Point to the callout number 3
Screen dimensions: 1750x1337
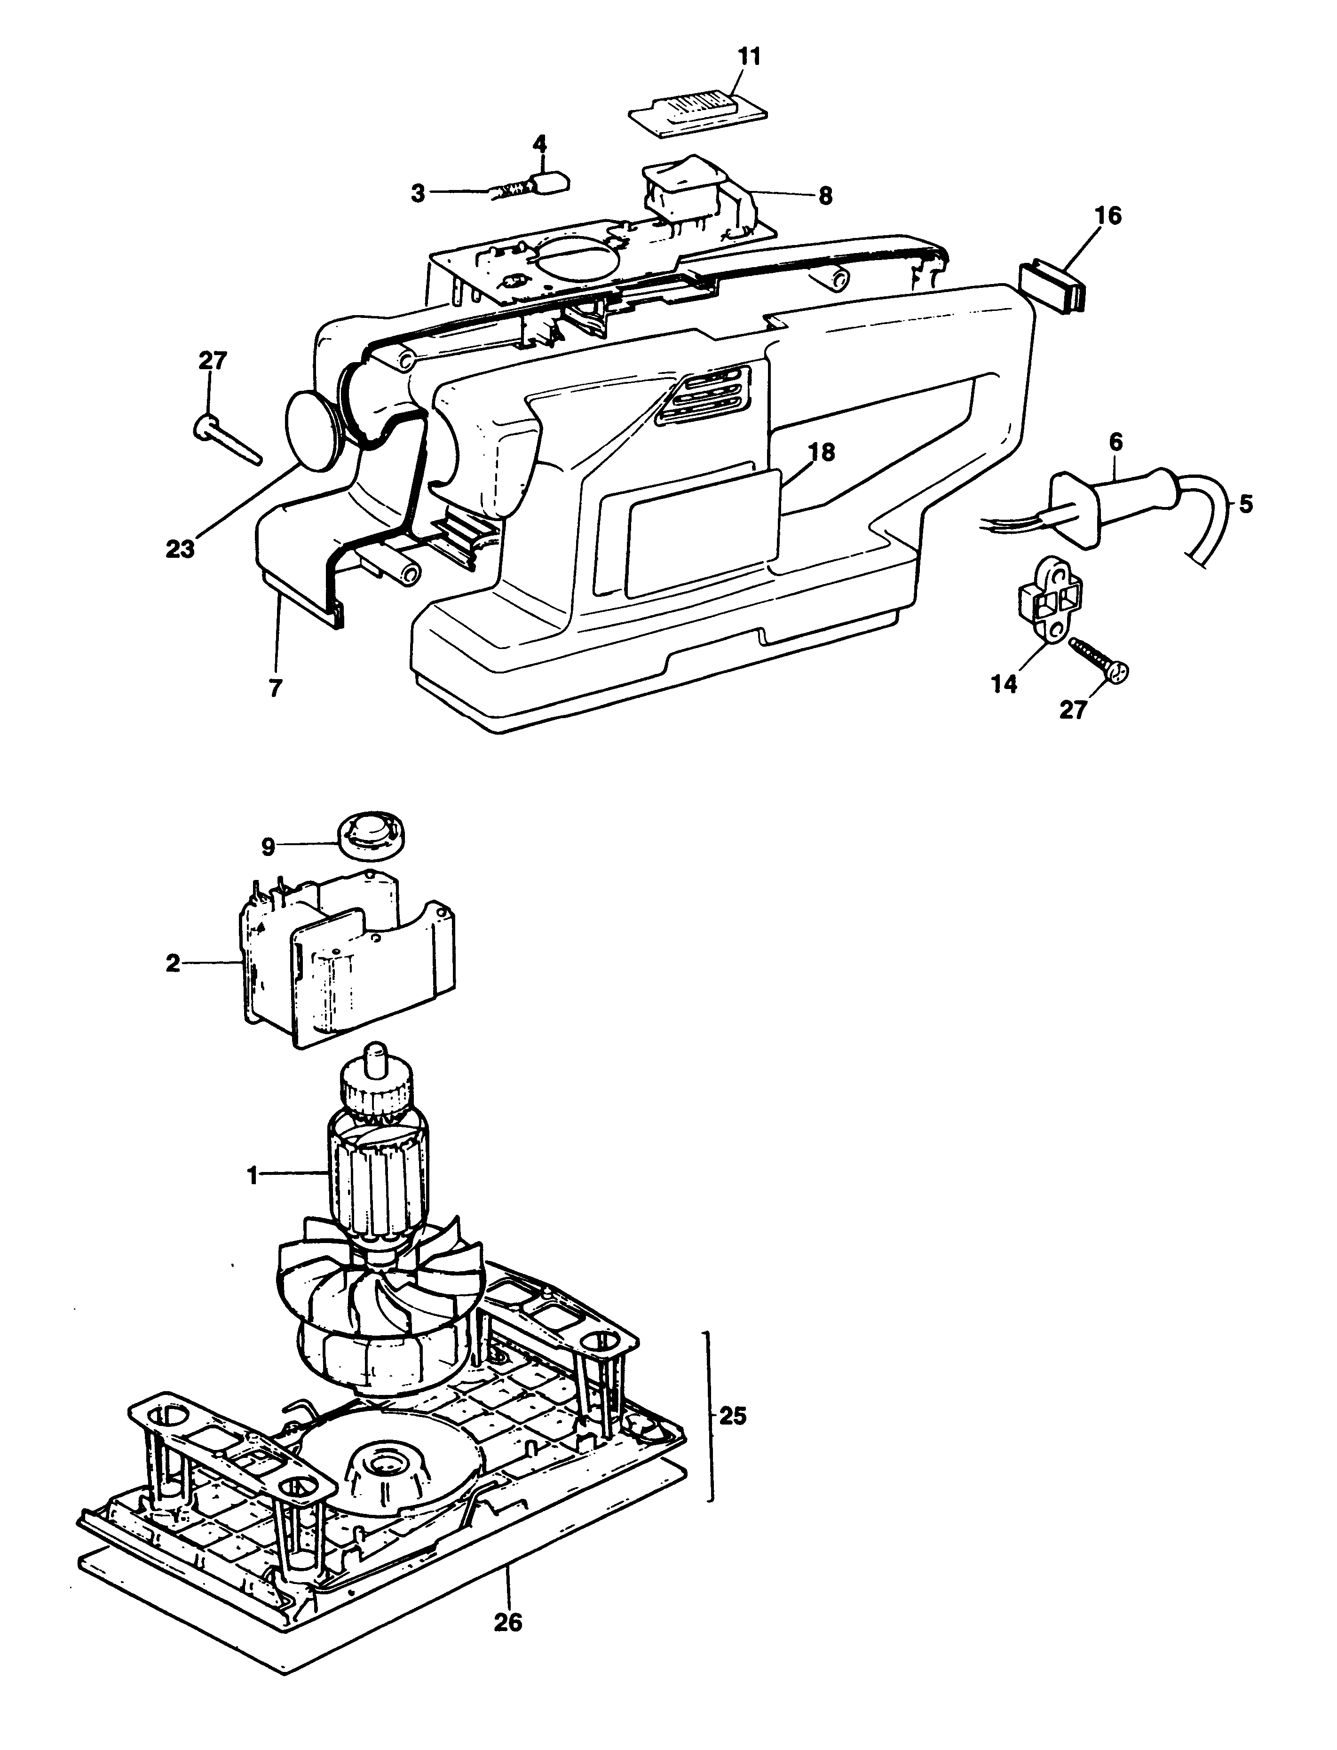418,193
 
